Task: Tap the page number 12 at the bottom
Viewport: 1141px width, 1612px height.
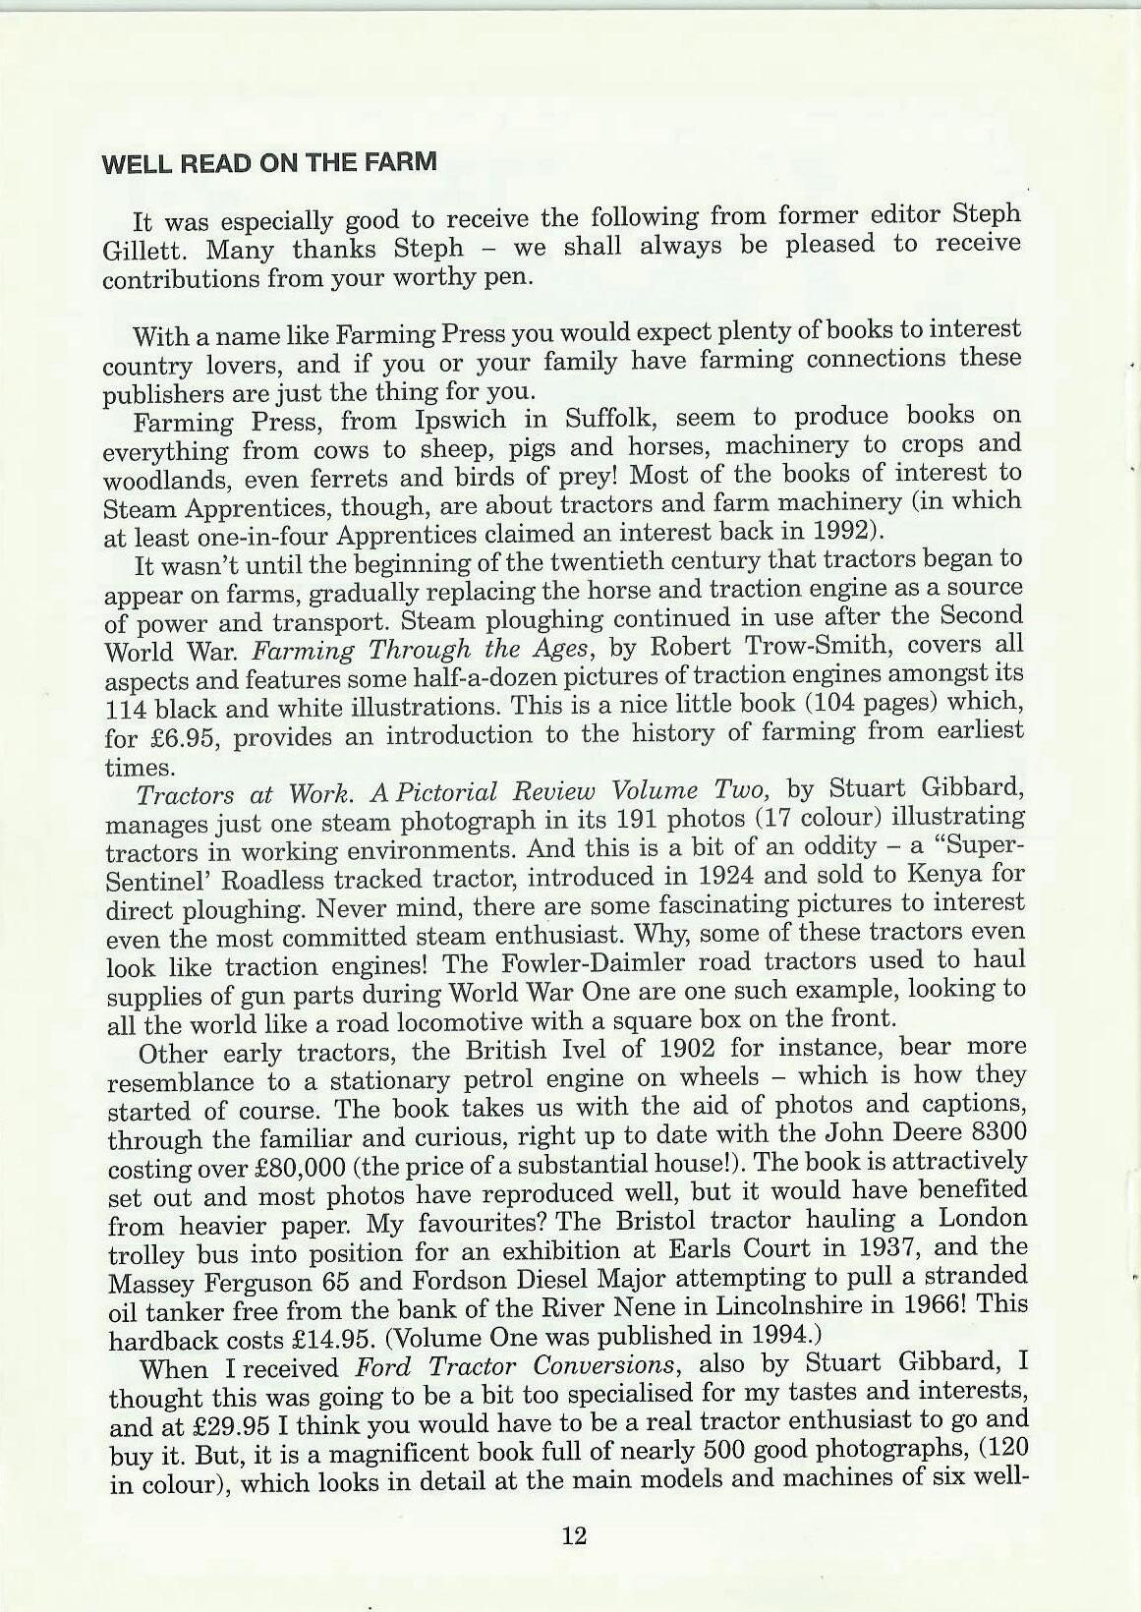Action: [574, 1535]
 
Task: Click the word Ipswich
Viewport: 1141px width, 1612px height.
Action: [460, 420]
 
